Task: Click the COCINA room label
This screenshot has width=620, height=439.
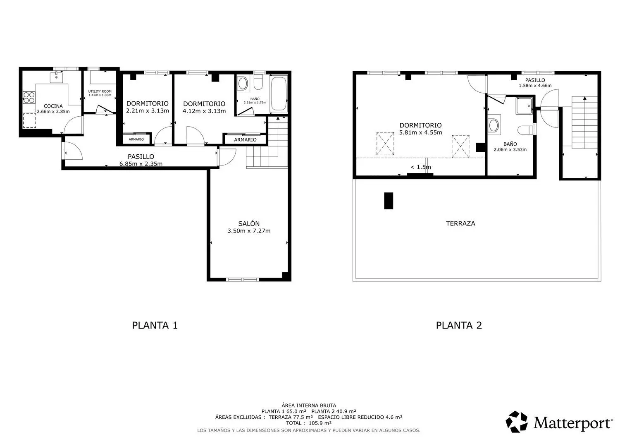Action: pos(53,106)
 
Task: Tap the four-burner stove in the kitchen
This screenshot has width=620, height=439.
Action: pos(29,97)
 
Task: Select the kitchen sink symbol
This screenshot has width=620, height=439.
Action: pos(56,77)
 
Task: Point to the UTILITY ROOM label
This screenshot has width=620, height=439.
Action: pos(100,91)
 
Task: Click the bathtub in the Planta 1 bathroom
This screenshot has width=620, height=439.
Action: pos(278,94)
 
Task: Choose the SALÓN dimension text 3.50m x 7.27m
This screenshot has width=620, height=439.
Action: pos(249,231)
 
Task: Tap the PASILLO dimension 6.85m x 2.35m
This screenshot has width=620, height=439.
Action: pos(141,163)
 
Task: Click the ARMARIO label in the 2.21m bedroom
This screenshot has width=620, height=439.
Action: pos(136,139)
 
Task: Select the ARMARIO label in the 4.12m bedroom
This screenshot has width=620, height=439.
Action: pos(245,140)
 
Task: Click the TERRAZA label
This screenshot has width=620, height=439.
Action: pos(460,223)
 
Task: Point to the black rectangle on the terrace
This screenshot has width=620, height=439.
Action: pos(388,201)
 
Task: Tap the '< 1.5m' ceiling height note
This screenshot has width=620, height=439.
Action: pos(420,167)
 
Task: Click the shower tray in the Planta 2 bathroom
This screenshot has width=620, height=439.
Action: pos(525,106)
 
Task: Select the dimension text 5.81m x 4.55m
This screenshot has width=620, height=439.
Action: pos(420,133)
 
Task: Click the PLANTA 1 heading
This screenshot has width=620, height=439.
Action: pos(155,325)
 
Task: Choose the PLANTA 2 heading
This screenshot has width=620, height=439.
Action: pos(459,325)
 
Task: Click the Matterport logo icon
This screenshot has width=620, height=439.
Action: pos(517,422)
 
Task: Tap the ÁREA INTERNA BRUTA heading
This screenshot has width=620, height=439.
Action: pos(309,405)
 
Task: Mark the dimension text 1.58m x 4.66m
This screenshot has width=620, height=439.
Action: pos(535,86)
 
